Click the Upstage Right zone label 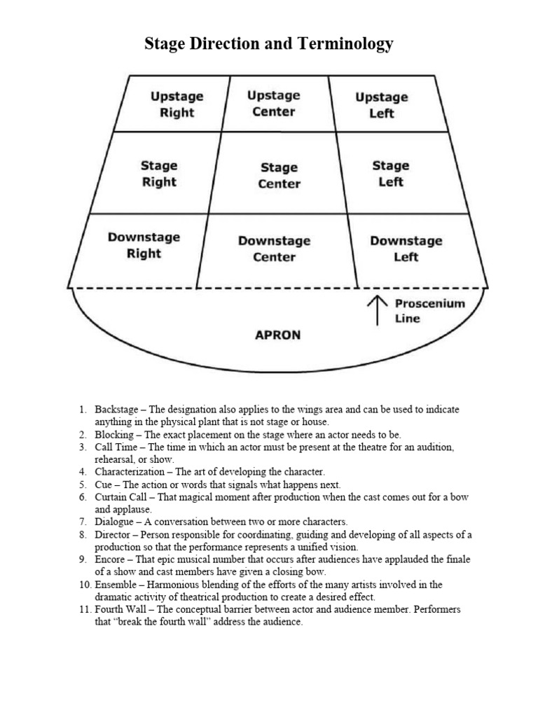[177, 104]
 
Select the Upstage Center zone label [274, 103]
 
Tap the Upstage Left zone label [381, 105]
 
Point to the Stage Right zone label [159, 174]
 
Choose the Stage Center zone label [279, 176]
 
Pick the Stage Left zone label [390, 174]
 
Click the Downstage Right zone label [144, 245]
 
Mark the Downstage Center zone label [274, 249]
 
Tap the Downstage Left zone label [406, 249]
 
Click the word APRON [277, 335]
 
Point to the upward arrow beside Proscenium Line [378, 310]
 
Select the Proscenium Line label [420, 311]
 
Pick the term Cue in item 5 [104, 485]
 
